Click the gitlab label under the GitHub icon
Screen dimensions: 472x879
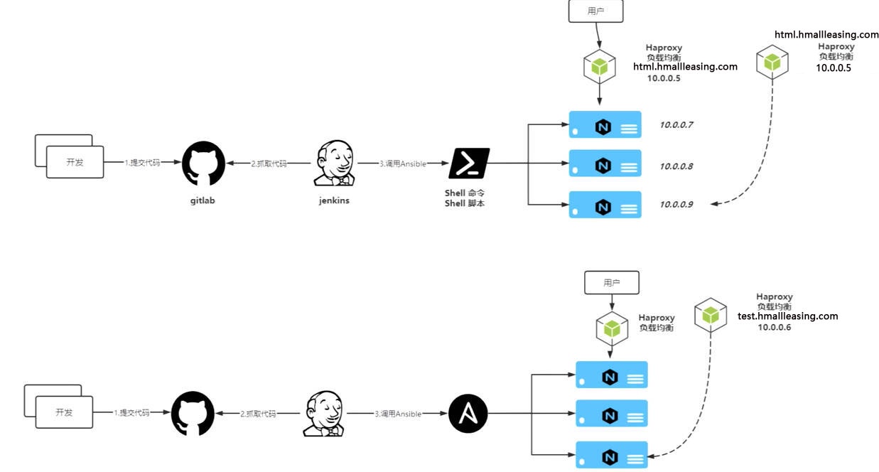pos(203,200)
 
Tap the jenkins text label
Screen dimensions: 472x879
pos(334,200)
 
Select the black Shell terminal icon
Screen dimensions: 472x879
pos(469,163)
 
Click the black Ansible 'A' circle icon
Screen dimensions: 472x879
pos(468,413)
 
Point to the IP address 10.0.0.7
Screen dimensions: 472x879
pos(676,125)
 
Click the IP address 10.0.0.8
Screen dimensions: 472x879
pos(676,166)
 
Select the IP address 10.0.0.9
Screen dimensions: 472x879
pos(676,205)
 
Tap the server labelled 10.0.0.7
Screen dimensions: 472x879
pos(605,125)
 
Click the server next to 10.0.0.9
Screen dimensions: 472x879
pos(605,205)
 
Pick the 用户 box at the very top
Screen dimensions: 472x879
pos(595,11)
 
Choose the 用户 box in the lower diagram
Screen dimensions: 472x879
pos(611,282)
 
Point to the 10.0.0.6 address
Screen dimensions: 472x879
pos(774,327)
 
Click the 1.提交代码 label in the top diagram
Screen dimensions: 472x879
pos(142,163)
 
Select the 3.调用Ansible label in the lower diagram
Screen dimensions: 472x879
pos(398,414)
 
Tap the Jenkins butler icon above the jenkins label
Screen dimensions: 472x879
pos(335,163)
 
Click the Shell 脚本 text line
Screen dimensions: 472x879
pos(464,204)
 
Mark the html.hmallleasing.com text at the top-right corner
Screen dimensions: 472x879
pos(826,34)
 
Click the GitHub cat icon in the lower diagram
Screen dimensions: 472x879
pos(193,414)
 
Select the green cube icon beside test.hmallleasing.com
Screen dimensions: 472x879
pos(710,315)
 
